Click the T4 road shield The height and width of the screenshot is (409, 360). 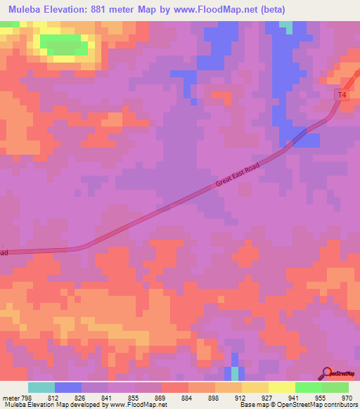pos(342,94)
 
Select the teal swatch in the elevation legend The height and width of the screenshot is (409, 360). pos(41,388)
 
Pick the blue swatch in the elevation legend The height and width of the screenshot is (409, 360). pos(68,388)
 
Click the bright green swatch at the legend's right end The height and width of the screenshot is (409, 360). pos(335,388)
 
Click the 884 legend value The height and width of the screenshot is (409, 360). pos(166,397)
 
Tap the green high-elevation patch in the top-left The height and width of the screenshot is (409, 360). pos(65,45)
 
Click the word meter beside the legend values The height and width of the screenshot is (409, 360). pos(11,397)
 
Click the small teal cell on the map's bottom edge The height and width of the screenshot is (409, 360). pos(234,373)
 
